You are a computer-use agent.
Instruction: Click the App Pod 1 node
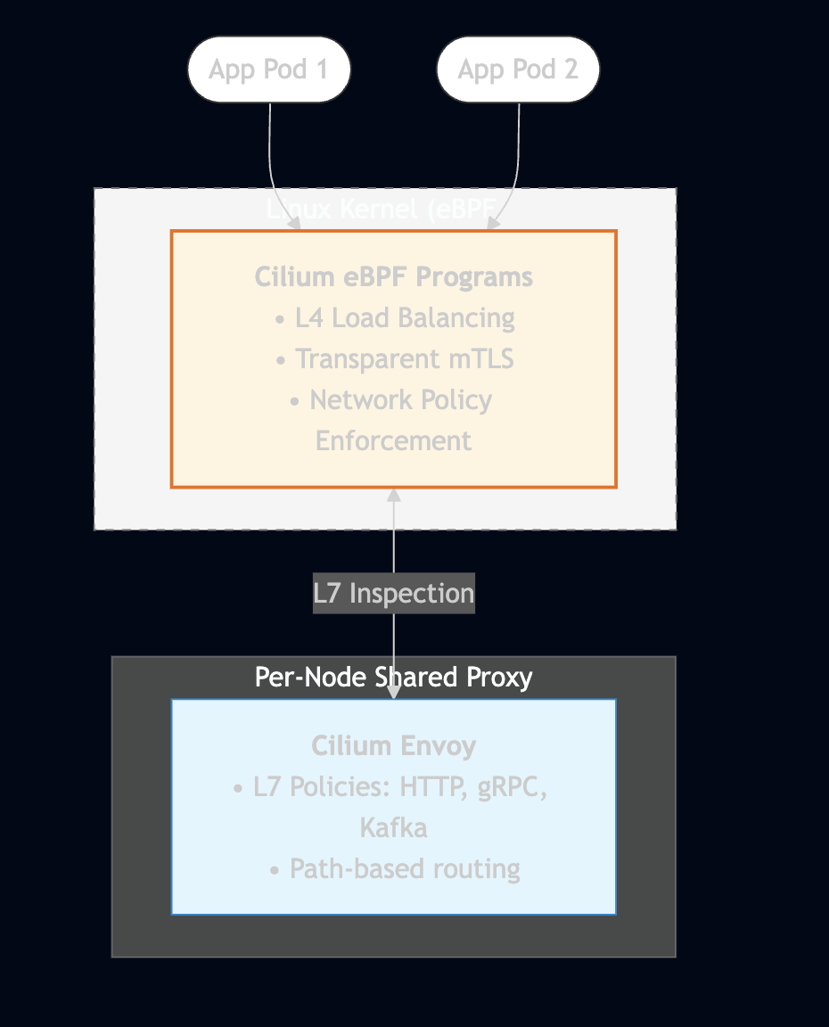click(x=269, y=70)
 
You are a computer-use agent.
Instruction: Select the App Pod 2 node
click(x=518, y=70)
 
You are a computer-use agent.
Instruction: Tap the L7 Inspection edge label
click(x=393, y=593)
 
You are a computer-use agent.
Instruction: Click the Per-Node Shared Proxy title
click(x=393, y=678)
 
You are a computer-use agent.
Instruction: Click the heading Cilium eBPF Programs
click(x=393, y=277)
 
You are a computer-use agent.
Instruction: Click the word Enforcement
click(x=393, y=441)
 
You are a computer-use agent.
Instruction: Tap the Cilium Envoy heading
click(x=393, y=746)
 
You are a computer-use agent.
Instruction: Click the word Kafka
click(x=393, y=828)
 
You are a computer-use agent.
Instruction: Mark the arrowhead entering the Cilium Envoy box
click(x=393, y=692)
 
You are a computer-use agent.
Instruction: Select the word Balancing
click(x=456, y=318)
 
